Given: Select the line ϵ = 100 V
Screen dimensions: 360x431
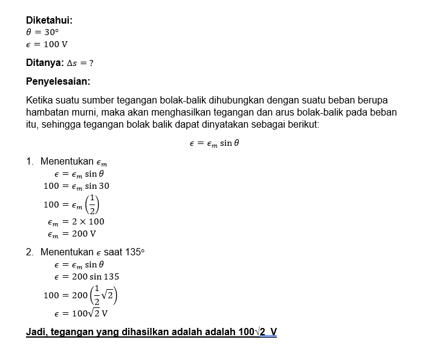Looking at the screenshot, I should tap(47, 44).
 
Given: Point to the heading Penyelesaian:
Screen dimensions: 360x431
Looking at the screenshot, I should tap(58, 81).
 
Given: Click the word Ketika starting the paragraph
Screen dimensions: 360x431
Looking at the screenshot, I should tap(41, 100).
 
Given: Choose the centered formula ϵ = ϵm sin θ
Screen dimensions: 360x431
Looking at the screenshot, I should tap(215, 143).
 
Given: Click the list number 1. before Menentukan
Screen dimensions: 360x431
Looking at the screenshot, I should tap(30, 162).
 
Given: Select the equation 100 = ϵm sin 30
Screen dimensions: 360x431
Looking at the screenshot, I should tap(76, 186).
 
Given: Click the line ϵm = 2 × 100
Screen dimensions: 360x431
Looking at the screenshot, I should tap(76, 221).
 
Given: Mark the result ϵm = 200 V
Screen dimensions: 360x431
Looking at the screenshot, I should tap(71, 234).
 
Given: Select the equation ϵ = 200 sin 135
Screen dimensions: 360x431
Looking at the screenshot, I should tap(86, 277).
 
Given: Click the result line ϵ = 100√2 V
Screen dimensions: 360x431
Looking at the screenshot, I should tap(81, 313).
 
